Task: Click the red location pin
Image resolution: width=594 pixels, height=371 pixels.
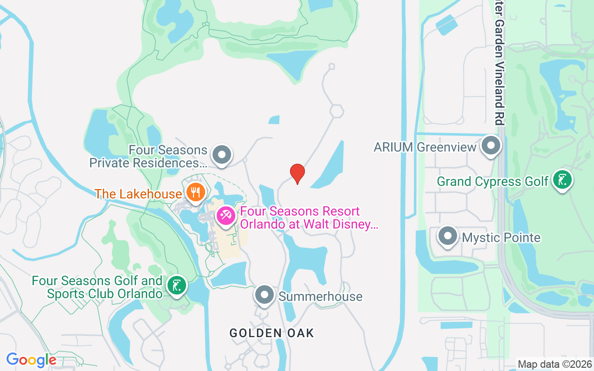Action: (x=297, y=173)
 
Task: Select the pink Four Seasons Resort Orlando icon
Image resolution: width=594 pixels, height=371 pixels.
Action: (x=226, y=216)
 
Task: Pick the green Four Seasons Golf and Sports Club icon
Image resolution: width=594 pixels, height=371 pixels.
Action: (x=176, y=285)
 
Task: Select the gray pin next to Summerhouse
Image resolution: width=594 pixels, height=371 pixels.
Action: (x=265, y=294)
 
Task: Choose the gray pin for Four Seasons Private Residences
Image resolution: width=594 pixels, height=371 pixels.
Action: (x=221, y=154)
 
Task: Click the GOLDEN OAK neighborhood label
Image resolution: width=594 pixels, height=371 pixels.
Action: (x=272, y=333)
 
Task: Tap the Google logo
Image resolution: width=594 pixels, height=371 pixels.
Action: (x=31, y=360)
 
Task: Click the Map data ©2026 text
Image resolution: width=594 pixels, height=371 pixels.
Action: (x=555, y=364)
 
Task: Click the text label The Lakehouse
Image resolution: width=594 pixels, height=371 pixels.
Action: (x=138, y=194)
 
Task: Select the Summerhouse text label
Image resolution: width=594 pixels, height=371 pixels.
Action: (x=320, y=297)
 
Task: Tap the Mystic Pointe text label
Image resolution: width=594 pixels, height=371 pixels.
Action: (x=501, y=238)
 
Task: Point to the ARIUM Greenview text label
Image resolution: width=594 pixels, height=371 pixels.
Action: (x=425, y=147)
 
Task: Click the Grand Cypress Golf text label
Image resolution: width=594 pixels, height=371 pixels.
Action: (x=493, y=181)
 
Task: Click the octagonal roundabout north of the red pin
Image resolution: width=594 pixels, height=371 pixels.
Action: (x=336, y=111)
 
